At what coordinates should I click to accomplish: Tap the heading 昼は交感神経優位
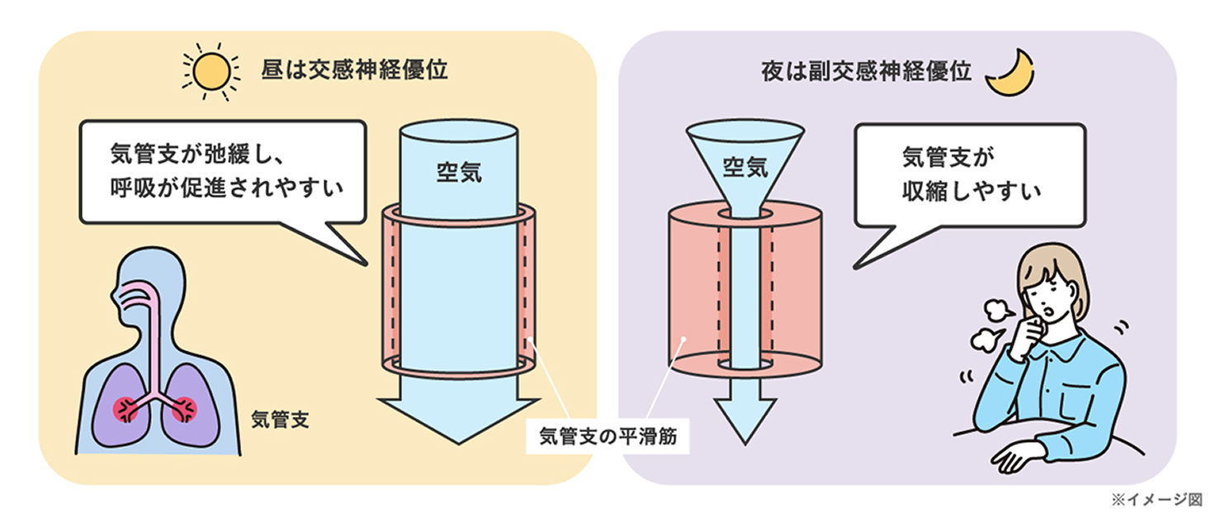[354, 70]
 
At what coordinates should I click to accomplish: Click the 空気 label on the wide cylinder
[458, 173]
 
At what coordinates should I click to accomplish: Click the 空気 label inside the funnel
[745, 169]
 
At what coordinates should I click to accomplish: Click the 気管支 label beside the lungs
[279, 419]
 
